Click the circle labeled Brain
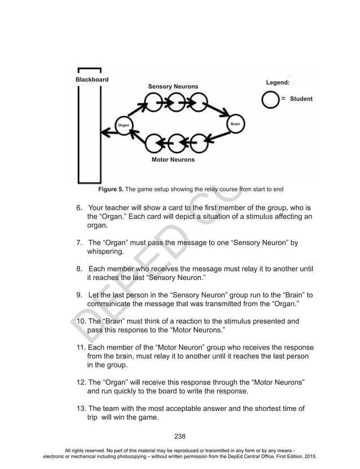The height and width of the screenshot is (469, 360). tap(235, 124)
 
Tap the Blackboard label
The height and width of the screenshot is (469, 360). tap(92, 80)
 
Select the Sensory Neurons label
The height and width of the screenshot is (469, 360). tap(173, 86)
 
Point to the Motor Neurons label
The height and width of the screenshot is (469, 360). tap(173, 160)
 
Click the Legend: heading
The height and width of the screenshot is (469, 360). tap(278, 82)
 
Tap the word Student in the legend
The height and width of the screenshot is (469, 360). tap(301, 99)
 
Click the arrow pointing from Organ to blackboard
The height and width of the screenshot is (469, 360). tap(108, 133)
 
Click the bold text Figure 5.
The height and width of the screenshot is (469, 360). tap(111, 189)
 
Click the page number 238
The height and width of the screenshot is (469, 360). tap(180, 436)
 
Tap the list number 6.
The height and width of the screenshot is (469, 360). tap(80, 207)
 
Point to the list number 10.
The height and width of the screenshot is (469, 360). tap(81, 322)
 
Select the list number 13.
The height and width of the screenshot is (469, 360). tap(81, 408)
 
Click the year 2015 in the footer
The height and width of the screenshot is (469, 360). tap(308, 455)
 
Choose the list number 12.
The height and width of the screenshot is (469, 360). tap(81, 382)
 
